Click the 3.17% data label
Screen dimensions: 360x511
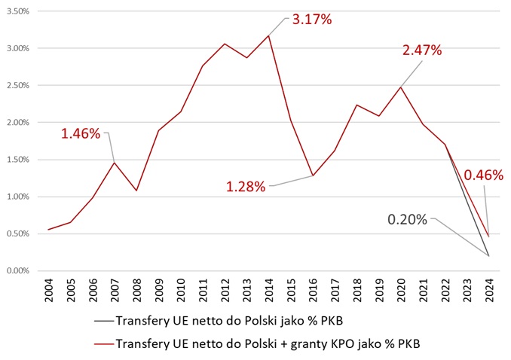[x=312, y=19]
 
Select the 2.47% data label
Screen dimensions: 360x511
[x=422, y=50]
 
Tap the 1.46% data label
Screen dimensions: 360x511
[x=81, y=134]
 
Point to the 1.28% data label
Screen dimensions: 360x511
[x=246, y=186]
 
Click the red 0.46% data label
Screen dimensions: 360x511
[x=482, y=175]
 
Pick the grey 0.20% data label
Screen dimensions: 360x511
[x=407, y=220]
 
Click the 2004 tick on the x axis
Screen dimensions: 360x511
[x=47, y=289]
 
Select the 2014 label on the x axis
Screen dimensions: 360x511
[x=268, y=289]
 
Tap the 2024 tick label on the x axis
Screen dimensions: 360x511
[x=488, y=289]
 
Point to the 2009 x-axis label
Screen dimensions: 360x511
[x=158, y=289]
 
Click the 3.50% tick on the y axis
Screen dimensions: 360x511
[x=16, y=11]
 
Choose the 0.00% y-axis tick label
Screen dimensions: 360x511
[x=16, y=271]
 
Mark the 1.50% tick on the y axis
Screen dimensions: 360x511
[x=16, y=160]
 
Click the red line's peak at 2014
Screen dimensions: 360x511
[x=268, y=35]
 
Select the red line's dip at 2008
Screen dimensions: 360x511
[x=136, y=190]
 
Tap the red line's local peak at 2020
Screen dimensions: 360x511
[x=400, y=87]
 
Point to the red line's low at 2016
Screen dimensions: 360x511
[x=312, y=175]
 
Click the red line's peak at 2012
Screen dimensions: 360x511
[x=224, y=44]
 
